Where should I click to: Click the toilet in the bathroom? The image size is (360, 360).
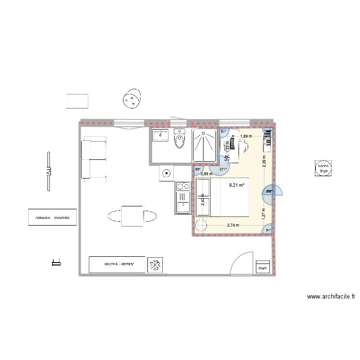coord(180,140)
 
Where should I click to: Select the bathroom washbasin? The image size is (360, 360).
coord(159,135)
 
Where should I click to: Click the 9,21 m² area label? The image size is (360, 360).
coord(237,185)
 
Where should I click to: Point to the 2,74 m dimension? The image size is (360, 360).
coord(234,224)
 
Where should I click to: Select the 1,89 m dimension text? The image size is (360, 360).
coord(246,136)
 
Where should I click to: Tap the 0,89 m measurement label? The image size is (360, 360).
coord(206,174)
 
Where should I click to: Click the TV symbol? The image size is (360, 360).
coord(48,171)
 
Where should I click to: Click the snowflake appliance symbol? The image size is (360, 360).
coord(156,264)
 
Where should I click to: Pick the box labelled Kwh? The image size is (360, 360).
coord(263,268)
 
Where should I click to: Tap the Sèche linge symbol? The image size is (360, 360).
coord(322,168)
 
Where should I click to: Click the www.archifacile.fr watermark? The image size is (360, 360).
coord(331,297)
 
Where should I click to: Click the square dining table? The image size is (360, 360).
coord(132,216)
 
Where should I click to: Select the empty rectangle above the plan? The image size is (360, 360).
coord(77,101)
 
